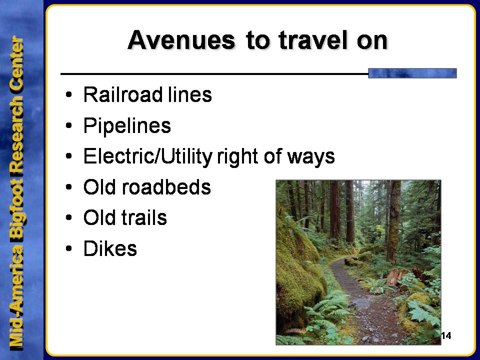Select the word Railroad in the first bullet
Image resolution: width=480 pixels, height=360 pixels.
click(x=123, y=94)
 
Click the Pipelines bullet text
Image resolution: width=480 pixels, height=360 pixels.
click(x=127, y=126)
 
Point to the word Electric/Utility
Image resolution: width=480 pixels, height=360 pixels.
click(x=148, y=156)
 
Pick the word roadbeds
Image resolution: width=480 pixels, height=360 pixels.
click(x=166, y=186)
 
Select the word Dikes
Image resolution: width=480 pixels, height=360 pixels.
click(x=110, y=248)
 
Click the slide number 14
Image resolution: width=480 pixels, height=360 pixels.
click(x=446, y=336)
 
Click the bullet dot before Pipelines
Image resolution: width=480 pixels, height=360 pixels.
click(x=69, y=125)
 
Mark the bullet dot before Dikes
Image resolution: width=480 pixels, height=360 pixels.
click(x=69, y=248)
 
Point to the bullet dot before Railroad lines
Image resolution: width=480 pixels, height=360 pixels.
click(x=69, y=94)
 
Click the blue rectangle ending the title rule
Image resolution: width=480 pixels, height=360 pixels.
click(x=412, y=73)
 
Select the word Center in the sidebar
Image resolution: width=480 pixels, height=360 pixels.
click(x=16, y=64)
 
